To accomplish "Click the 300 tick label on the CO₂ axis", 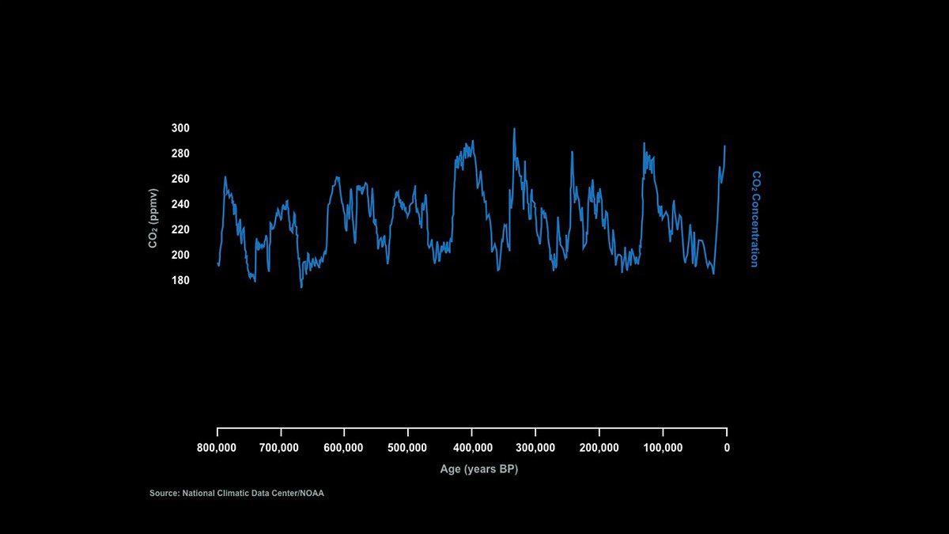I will (x=180, y=128).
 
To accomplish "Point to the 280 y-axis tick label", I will (x=180, y=153).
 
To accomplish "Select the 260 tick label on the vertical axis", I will (x=180, y=179).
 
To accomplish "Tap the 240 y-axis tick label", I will (x=180, y=204).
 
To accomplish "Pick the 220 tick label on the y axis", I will (x=180, y=229).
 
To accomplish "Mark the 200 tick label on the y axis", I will (x=180, y=255).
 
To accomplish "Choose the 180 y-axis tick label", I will (x=180, y=280).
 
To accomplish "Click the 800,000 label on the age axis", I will (x=217, y=448).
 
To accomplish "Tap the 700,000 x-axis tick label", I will (x=280, y=448).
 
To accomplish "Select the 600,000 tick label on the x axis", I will (x=344, y=448).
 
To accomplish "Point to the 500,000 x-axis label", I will (x=407, y=448).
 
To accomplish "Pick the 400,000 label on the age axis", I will (x=471, y=448).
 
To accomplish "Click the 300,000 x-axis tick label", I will (x=535, y=448).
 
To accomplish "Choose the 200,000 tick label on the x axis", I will (x=599, y=448).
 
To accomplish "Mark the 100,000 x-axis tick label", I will (x=663, y=448).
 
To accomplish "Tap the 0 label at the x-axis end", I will (x=727, y=448).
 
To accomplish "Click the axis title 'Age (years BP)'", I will (x=479, y=469).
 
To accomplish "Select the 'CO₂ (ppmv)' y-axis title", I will (x=153, y=218).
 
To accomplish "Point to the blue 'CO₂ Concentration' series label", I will (x=754, y=219).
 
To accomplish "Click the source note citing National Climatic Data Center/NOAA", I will (x=237, y=494).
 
